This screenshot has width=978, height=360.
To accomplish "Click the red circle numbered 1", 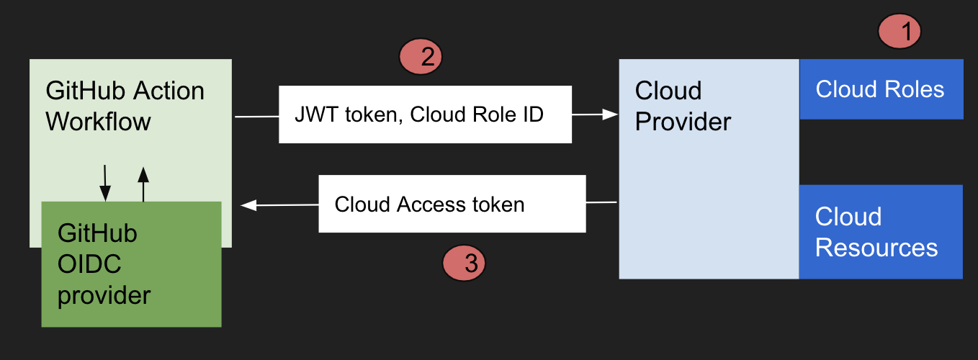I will click(900, 32).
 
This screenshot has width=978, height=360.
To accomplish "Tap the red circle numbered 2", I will click(420, 57).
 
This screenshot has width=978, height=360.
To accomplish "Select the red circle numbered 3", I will click(463, 263).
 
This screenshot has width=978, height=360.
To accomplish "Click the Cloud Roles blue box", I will click(881, 89).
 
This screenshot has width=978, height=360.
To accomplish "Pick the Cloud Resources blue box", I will click(880, 232).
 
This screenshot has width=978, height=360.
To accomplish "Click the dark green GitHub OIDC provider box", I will click(131, 264).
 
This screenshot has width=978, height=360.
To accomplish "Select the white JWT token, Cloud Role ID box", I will click(425, 114).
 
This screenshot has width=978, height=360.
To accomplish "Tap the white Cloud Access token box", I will click(452, 204).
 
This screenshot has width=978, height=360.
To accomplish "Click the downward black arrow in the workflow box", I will click(105, 183).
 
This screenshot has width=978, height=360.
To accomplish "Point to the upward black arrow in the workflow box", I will click(143, 183).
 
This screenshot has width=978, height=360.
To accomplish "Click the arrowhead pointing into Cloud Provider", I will click(611, 114).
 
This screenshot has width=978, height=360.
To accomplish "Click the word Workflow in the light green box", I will click(99, 121).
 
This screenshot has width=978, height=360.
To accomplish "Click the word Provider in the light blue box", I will click(683, 122).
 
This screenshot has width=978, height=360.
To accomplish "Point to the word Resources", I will click(876, 248).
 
